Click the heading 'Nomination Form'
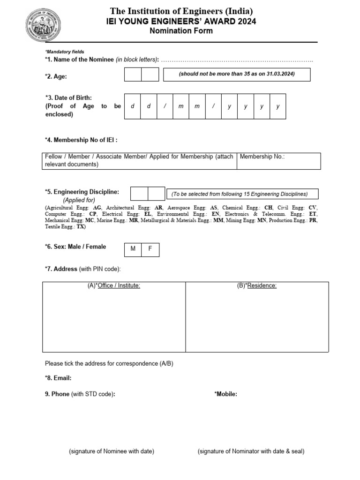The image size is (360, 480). tap(181, 31)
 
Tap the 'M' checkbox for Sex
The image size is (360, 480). tap(133, 249)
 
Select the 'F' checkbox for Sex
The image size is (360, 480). tap(150, 249)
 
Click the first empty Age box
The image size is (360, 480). tap(133, 75)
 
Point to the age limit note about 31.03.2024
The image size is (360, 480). tap(236, 75)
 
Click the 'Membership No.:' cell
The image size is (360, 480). tap(279, 161)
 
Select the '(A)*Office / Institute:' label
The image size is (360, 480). tap(114, 285)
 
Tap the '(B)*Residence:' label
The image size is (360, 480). tap(256, 285)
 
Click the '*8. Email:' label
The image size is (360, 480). tap(58, 378)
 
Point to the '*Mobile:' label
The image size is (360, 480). tap(225, 394)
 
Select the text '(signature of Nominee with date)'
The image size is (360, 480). tap(112, 451)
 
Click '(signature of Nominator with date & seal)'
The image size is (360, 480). tap(251, 451)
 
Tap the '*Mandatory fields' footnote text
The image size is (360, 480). tap(64, 52)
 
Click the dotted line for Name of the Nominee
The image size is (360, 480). tap(237, 60)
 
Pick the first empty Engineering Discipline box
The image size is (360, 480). tap(139, 194)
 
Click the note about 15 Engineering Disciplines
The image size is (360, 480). tap(240, 194)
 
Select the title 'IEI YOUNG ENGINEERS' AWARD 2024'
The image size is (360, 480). tap(181, 22)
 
